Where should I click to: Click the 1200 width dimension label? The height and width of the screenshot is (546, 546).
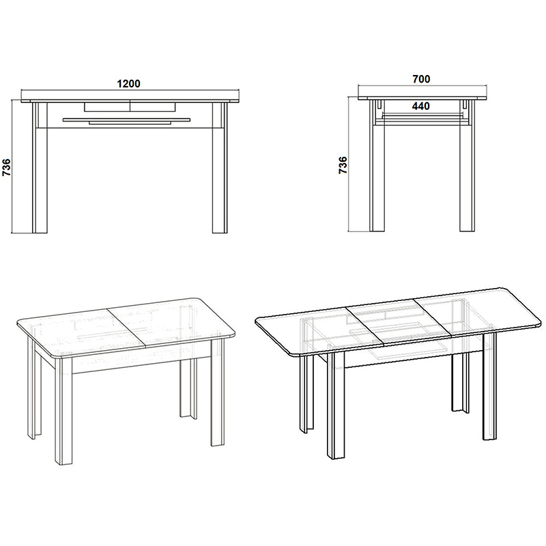point(128,84)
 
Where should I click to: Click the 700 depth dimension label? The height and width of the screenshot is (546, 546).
point(421,79)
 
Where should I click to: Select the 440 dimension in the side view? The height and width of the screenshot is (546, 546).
point(421,106)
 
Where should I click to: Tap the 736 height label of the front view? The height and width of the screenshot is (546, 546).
point(6,167)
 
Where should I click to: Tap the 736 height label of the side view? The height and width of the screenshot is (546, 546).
point(343,166)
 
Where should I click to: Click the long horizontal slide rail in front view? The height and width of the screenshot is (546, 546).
point(126,119)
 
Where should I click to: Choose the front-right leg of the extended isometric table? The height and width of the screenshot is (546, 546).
point(489,389)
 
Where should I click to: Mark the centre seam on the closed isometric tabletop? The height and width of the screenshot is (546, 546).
point(130,328)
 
